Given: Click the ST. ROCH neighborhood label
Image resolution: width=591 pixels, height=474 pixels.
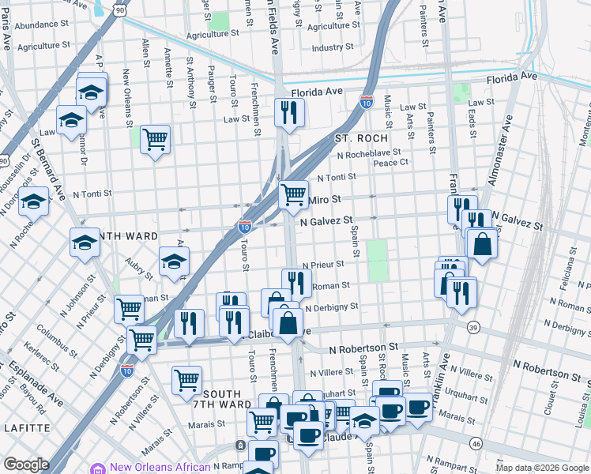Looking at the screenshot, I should (x=359, y=138).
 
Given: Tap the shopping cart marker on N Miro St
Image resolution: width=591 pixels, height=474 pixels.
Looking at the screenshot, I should (x=293, y=193).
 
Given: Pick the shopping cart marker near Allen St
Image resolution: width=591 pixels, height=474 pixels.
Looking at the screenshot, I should (x=155, y=139).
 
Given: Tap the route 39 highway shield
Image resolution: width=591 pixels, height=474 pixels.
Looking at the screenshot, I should (x=473, y=327).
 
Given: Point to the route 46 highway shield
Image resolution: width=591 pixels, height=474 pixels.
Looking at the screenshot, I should (x=475, y=445).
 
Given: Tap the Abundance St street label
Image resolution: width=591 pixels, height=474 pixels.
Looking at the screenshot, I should (x=43, y=24).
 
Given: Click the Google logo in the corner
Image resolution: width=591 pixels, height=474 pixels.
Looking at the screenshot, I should (x=26, y=465).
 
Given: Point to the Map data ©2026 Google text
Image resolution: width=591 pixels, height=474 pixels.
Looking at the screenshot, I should (x=542, y=468).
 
